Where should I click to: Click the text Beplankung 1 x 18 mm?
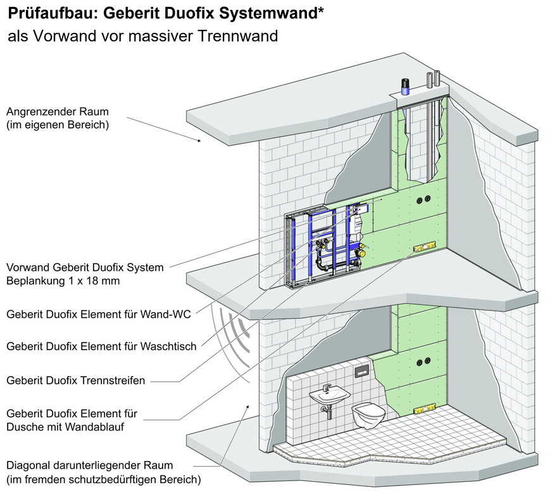63,280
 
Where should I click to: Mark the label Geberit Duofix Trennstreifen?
75,381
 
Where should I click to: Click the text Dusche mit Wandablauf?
64,427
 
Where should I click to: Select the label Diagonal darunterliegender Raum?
89,465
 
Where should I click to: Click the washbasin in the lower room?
329,396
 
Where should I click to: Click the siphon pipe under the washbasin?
325,412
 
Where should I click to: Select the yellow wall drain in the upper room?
424,247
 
